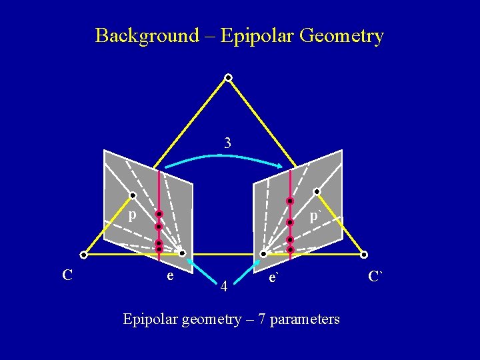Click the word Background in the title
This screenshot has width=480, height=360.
pyautogui.click(x=147, y=35)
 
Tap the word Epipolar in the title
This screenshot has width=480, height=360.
pyautogui.click(x=253, y=35)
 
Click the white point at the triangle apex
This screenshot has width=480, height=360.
pyautogui.click(x=228, y=78)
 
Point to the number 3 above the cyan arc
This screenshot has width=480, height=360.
pyautogui.click(x=228, y=143)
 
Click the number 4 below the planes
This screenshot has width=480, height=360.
pyautogui.click(x=225, y=287)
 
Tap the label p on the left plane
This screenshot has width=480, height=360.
pyautogui.click(x=132, y=215)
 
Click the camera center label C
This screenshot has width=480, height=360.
pyautogui.click(x=67, y=274)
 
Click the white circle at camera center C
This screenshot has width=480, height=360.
pyautogui.click(x=83, y=254)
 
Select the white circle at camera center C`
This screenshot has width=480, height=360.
pyautogui.click(x=364, y=254)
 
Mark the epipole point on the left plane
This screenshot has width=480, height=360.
pyautogui.click(x=182, y=253)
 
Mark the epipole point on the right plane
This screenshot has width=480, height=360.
pyautogui.click(x=263, y=254)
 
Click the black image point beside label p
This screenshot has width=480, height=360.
pyautogui.click(x=133, y=195)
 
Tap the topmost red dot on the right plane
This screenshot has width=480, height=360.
pyautogui.click(x=290, y=201)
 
